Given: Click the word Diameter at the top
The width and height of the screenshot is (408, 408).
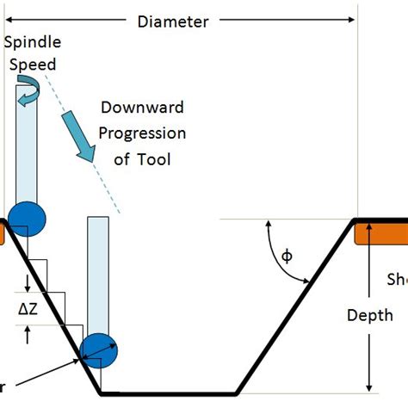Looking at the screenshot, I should (173, 22).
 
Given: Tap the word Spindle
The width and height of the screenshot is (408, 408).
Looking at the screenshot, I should (31, 43).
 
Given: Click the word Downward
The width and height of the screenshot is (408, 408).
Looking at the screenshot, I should (143, 108).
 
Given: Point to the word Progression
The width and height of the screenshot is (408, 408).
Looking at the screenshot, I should (143, 133).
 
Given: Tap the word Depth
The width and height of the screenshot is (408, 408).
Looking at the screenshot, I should (370, 315).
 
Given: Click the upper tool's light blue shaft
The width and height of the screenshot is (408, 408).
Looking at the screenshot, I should (28, 146).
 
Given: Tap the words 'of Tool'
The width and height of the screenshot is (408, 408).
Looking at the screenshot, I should (143, 158).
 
